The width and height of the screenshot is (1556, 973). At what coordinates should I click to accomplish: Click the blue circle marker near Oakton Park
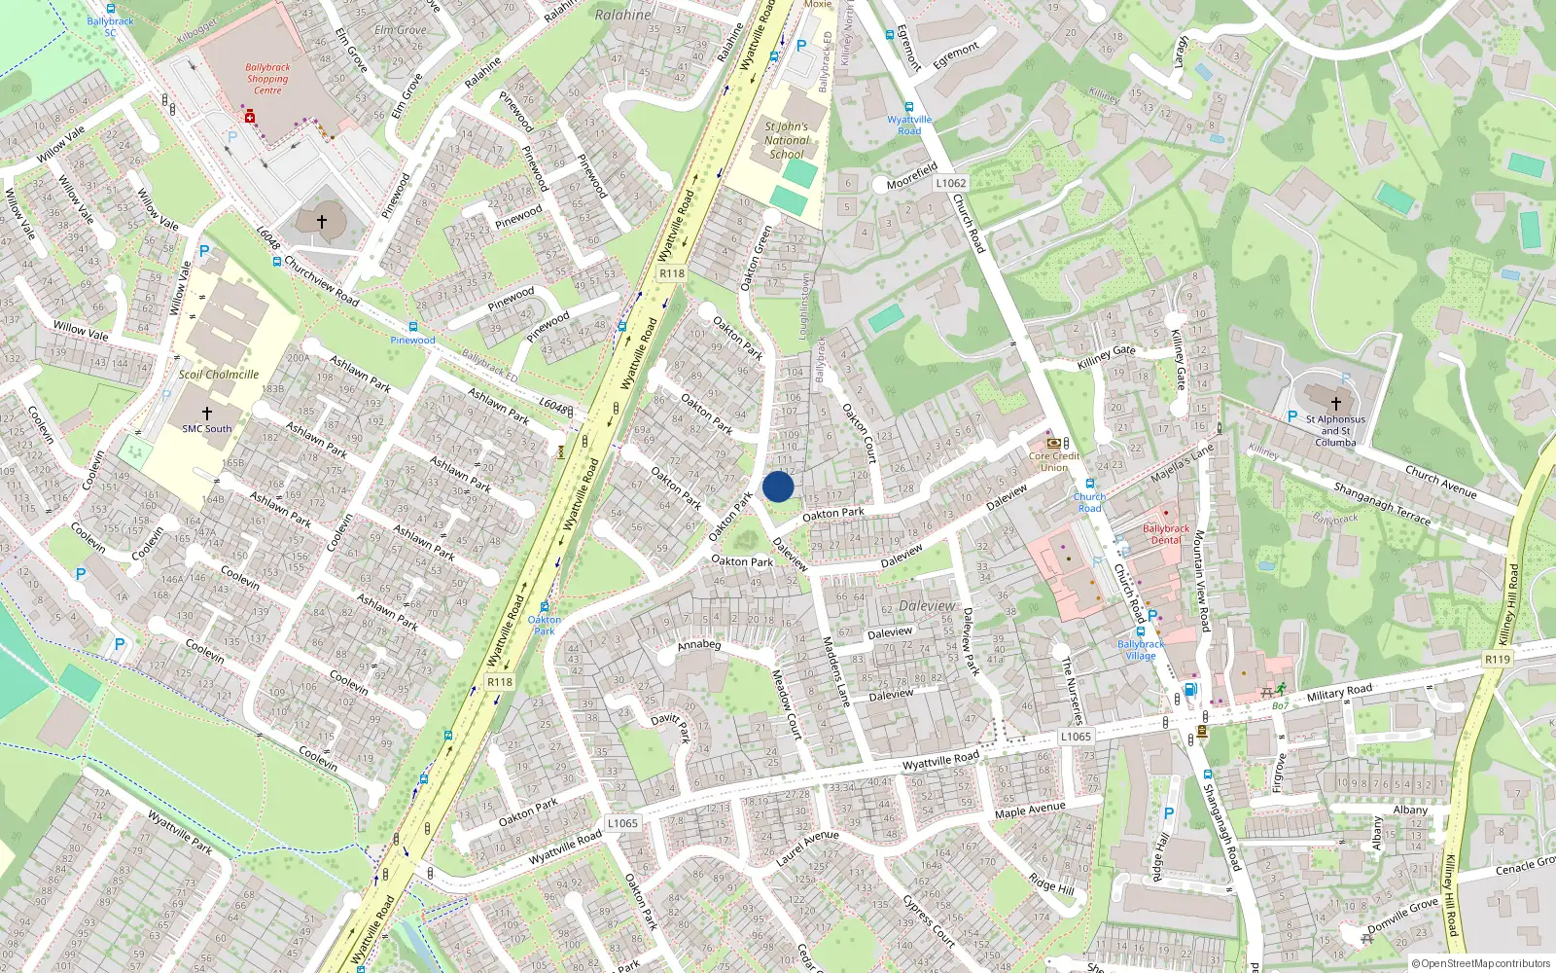[778, 486]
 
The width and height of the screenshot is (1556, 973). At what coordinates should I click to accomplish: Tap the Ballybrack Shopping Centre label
[267, 79]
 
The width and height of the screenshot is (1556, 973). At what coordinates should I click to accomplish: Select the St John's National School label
[786, 140]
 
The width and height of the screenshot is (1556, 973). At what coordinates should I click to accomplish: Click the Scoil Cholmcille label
[219, 375]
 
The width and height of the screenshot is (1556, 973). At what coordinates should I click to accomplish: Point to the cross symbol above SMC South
[206, 414]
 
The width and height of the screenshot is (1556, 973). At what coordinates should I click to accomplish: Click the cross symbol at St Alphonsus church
[1335, 403]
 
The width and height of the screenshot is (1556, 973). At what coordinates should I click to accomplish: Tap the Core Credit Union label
[1054, 461]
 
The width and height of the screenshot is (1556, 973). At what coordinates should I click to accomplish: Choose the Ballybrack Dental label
[1165, 534]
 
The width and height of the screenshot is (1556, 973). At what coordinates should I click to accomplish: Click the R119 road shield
[1498, 660]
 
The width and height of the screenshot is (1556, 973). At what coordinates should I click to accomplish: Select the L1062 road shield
[950, 183]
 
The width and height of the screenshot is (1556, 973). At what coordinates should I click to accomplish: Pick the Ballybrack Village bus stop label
[1141, 650]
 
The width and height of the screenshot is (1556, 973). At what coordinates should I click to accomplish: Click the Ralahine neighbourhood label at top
[623, 15]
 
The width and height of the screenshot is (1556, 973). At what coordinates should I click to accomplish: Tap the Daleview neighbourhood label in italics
[927, 605]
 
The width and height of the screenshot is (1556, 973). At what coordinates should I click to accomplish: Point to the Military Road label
[1339, 692]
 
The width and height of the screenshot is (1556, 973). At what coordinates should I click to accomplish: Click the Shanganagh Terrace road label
[1381, 503]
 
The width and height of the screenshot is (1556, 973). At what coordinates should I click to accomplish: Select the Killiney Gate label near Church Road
[1107, 357]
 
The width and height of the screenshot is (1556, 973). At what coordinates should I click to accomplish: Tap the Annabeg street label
[699, 645]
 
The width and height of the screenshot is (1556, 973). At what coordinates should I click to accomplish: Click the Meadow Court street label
[786, 703]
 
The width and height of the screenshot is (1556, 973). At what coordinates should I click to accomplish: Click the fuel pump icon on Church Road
[1189, 690]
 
